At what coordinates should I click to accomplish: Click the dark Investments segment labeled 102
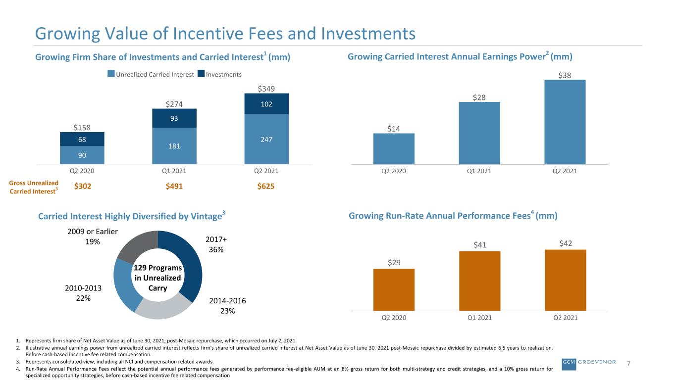[x=266, y=104]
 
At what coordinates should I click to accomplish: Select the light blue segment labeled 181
[x=174, y=146]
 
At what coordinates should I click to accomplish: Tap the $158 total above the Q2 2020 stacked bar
[x=82, y=128]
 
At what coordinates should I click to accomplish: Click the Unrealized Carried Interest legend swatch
[x=111, y=74]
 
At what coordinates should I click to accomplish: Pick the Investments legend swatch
[x=201, y=74]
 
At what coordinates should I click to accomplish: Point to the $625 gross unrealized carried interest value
[x=265, y=186]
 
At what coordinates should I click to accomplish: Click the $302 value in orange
[x=83, y=186]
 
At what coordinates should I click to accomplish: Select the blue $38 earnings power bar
[x=565, y=122]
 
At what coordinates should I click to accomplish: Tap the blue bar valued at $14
[x=394, y=149]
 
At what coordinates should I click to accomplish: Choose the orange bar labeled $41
[x=480, y=281]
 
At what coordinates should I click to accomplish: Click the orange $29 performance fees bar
[x=394, y=290]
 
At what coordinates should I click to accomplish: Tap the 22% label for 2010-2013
[x=83, y=298]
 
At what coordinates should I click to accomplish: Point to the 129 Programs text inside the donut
[x=158, y=268]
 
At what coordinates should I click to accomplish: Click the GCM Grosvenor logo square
[x=569, y=364]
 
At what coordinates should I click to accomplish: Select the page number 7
[x=628, y=363]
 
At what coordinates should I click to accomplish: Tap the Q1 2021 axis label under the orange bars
[x=479, y=318]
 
